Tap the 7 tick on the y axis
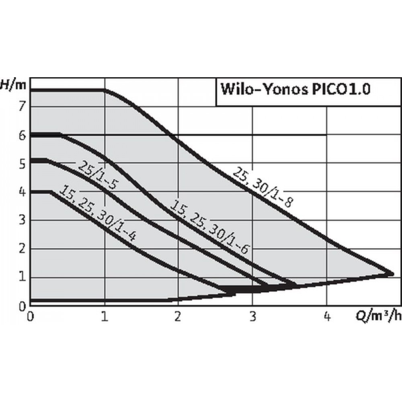point(23,106)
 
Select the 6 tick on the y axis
point(23,135)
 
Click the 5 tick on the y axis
point(23,164)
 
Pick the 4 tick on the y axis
point(23,192)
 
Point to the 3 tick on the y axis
point(23,220)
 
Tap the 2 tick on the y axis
point(23,248)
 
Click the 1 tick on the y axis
point(23,277)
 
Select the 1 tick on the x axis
point(105,317)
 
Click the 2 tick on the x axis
point(178,317)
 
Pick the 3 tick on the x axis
point(252,317)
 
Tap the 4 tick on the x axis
point(327,317)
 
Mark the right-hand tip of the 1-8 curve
point(392,274)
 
